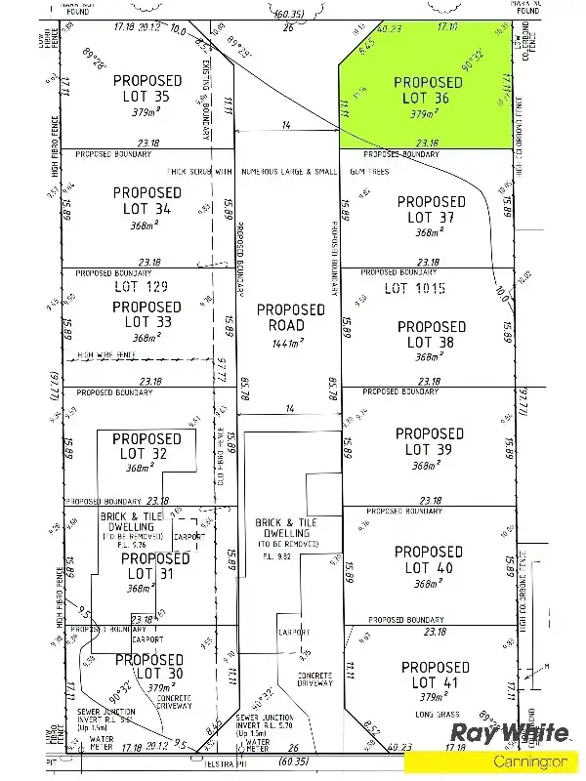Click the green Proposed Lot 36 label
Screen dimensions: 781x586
(428, 90)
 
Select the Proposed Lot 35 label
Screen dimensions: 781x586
(147, 88)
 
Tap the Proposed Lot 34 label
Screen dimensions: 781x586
(147, 201)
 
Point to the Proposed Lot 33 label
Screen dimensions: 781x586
(146, 314)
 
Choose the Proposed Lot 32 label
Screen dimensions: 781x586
(146, 446)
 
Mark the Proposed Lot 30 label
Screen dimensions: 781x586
(148, 667)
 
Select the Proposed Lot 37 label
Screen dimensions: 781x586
(431, 210)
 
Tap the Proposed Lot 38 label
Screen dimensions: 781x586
(431, 335)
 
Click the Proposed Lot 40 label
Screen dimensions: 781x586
(429, 559)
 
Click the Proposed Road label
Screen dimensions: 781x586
(290, 317)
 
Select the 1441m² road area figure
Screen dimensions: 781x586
(290, 343)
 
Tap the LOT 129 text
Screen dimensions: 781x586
(141, 287)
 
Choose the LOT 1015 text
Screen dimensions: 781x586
(414, 288)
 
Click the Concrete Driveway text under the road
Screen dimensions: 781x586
(314, 681)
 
